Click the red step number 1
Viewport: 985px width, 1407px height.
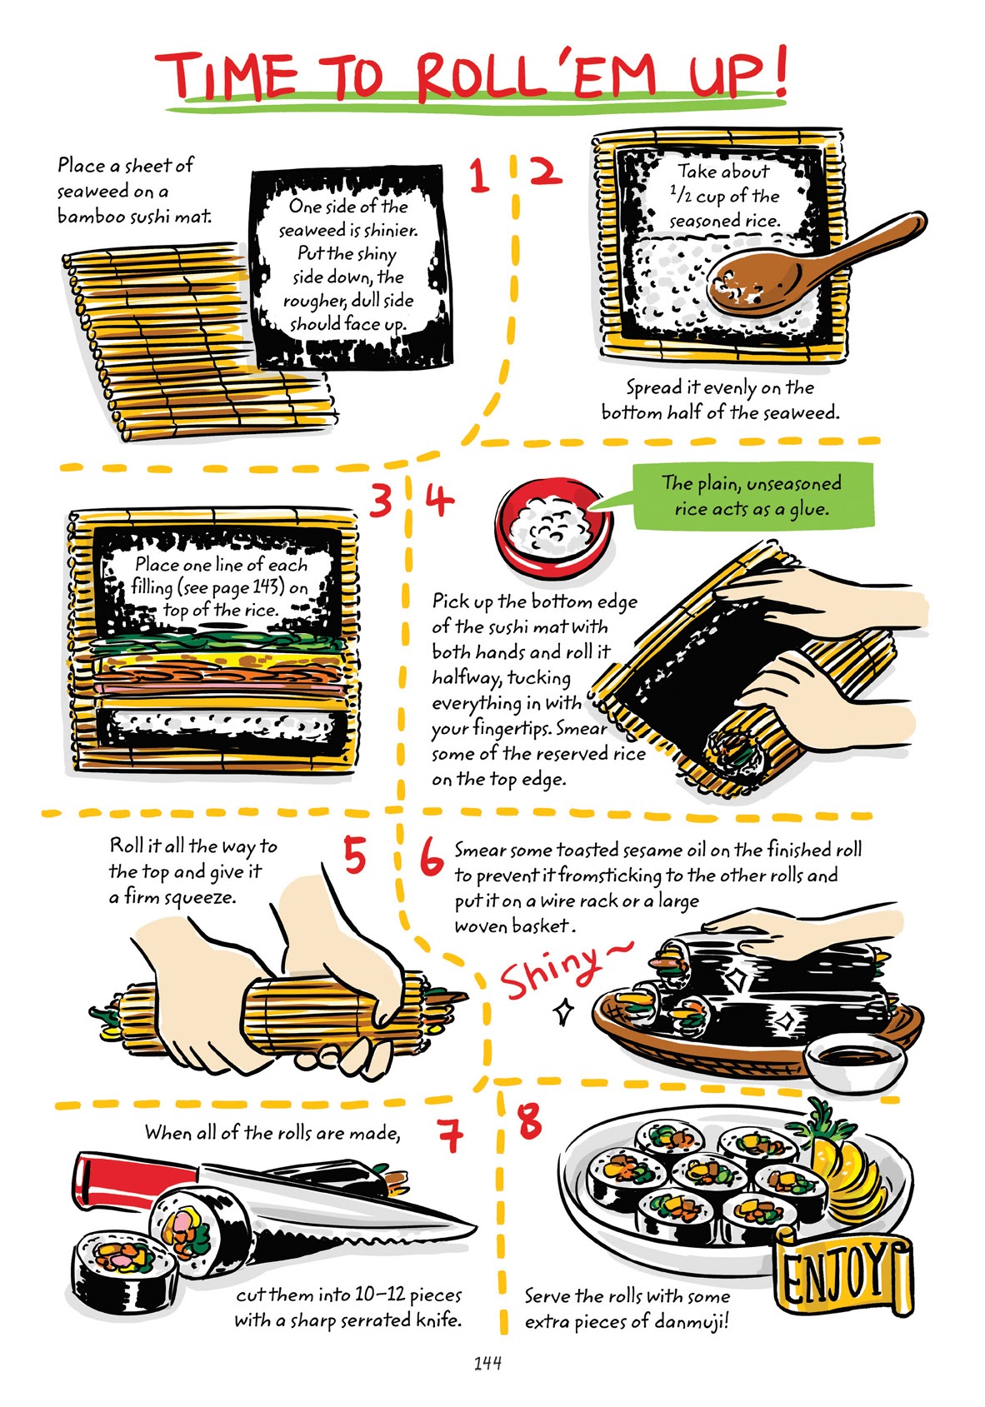click(x=477, y=176)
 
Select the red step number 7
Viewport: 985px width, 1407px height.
click(x=450, y=1134)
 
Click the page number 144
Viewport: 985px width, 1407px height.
click(x=487, y=1363)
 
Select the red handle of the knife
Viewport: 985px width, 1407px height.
click(x=133, y=1181)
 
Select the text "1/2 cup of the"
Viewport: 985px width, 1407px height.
click(x=724, y=196)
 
